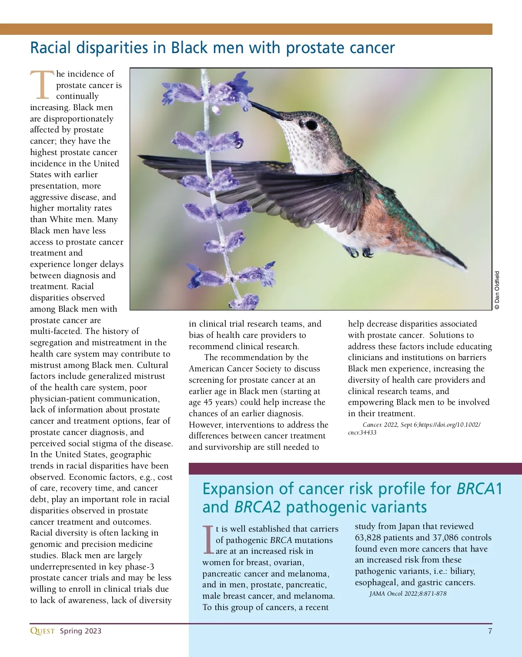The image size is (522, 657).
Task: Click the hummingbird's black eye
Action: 311,125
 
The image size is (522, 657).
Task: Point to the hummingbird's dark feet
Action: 359,252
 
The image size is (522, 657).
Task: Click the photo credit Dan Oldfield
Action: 497,290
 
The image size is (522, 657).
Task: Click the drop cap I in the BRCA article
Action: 208,540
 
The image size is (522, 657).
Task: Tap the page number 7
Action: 490,631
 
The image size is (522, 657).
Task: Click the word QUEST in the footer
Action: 42,631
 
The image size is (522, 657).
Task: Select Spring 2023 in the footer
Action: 80,631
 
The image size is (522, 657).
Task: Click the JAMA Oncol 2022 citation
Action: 408,593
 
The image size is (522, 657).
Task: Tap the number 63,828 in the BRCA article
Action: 371,538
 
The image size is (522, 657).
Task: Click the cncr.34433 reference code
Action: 362,432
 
